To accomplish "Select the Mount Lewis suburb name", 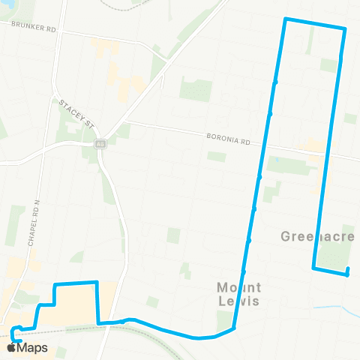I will pyautogui.click(x=239, y=293).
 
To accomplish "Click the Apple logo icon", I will pyautogui.click(x=11, y=347).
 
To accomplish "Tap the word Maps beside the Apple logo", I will pyautogui.click(x=32, y=347).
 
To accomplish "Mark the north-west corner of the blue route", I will pyautogui.click(x=285, y=19).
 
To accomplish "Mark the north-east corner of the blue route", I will pyautogui.click(x=344, y=29).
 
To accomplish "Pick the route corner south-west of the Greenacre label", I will pyautogui.click(x=313, y=267).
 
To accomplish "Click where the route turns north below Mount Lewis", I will pyautogui.click(x=235, y=328).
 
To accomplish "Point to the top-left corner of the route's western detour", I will pyautogui.click(x=54, y=286).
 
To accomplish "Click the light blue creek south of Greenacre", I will pyautogui.click(x=330, y=307).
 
